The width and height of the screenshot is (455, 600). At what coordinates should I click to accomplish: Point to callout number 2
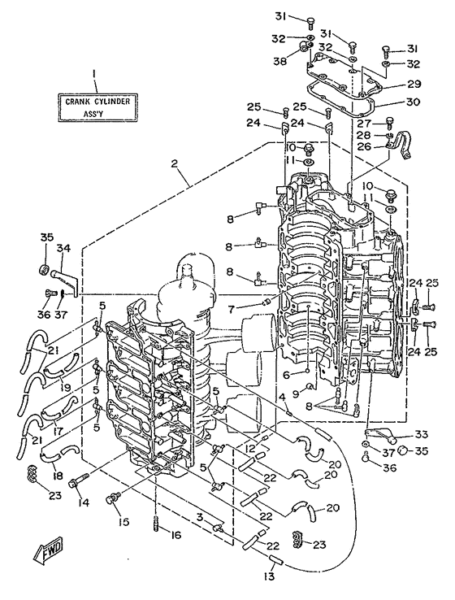[175, 163]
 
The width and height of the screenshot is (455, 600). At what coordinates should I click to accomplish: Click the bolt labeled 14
[78, 480]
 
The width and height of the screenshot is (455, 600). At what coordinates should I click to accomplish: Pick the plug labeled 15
[113, 498]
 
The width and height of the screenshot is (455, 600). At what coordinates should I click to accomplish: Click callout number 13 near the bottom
[269, 576]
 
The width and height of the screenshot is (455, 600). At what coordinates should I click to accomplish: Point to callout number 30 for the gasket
[414, 102]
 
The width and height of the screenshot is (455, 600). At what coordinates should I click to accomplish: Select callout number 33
[422, 434]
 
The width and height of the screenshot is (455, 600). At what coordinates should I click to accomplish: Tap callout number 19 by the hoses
[66, 387]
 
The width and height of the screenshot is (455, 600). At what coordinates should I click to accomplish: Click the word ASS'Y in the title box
[93, 114]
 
